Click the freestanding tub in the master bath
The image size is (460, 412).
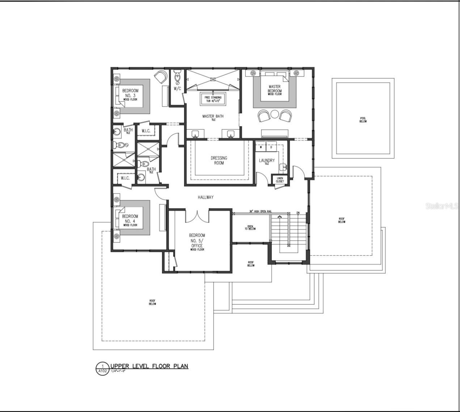click(213, 99)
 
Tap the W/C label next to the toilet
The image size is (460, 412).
click(177, 88)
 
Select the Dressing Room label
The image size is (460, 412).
click(219, 161)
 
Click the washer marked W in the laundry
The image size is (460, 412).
click(261, 147)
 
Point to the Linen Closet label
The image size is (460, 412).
click(280, 180)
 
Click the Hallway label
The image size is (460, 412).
click(206, 197)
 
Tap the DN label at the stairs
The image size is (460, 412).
click(298, 213)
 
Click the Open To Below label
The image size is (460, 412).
click(250, 227)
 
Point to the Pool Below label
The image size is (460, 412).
click(363, 120)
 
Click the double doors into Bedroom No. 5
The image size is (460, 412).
click(197, 216)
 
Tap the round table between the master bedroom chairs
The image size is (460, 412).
click(275, 115)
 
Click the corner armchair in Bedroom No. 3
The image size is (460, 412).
click(160, 76)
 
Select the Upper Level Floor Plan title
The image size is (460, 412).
click(149, 366)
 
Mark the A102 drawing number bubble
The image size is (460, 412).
click(102, 369)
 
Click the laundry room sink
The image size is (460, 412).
click(283, 167)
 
